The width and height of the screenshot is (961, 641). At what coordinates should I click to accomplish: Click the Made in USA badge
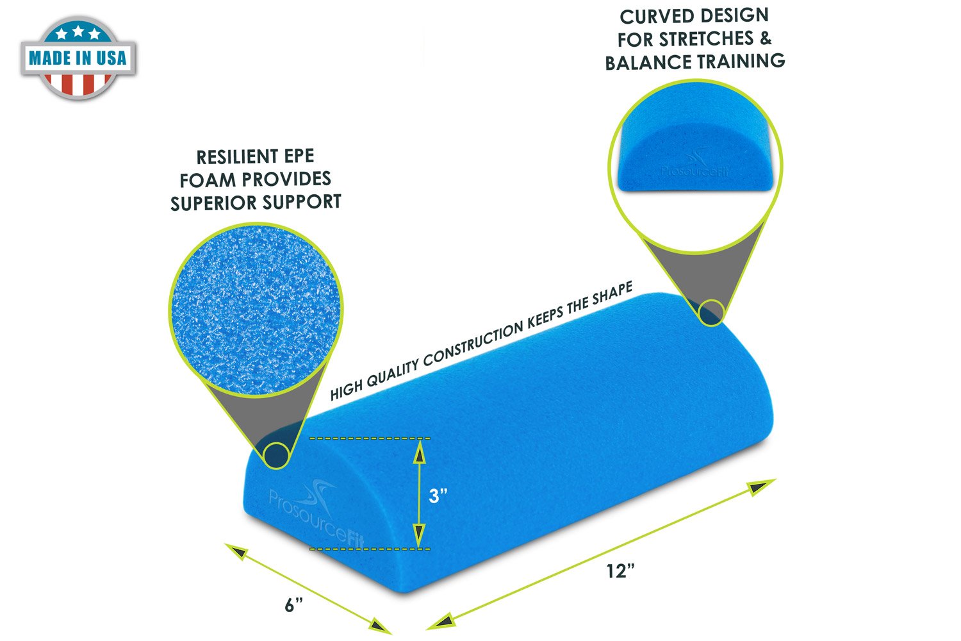coord(78,58)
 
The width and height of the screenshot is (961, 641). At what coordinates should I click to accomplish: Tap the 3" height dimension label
coord(438,495)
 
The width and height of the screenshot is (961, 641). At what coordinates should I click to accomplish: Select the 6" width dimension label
coord(293,604)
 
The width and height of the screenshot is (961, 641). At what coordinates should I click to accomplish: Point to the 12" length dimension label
coord(620,570)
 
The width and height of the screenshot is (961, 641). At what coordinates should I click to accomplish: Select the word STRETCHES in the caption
coord(707,39)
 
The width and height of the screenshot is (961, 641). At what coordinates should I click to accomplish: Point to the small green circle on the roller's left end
coord(277,454)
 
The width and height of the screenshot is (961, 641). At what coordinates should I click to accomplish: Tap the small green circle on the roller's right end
coord(710,313)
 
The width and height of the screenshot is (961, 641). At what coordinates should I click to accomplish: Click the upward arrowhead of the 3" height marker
coord(419,453)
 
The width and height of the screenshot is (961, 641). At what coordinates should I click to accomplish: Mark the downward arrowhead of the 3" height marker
coord(419,534)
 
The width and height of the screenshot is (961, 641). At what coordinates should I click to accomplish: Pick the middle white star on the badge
coord(78,30)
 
